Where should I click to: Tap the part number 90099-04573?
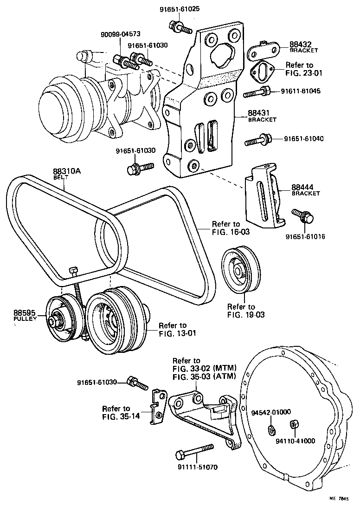[x=120, y=34]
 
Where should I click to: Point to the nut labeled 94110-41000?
[x=293, y=424]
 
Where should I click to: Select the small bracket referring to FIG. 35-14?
[x=157, y=406]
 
